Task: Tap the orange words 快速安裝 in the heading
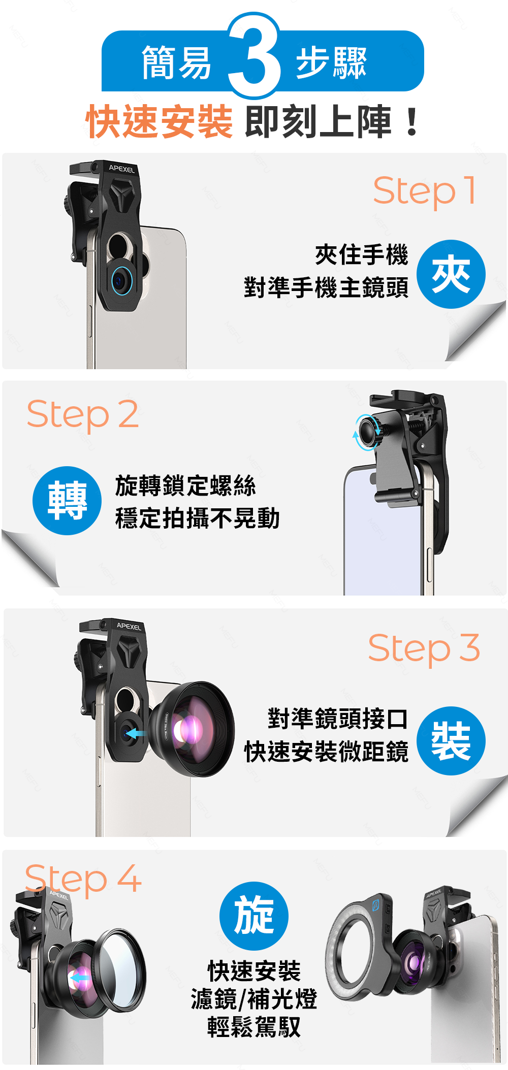(160, 122)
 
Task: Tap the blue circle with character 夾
(451, 274)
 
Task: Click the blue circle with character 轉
(67, 501)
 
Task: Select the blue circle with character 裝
(451, 741)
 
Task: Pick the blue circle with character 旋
(254, 916)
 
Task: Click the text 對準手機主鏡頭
(326, 287)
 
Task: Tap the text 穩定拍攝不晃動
(198, 518)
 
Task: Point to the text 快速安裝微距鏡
(326, 752)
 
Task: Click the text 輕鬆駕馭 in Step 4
(254, 1026)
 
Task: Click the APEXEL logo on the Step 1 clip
(122, 169)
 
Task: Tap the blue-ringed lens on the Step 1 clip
(121, 279)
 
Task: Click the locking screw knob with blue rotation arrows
(368, 432)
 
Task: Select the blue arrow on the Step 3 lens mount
(136, 734)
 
